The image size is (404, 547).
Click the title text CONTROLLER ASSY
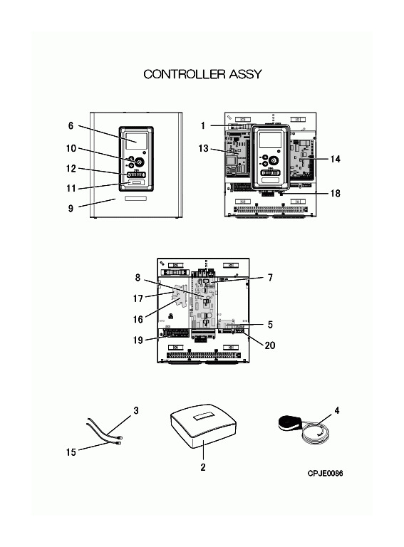202,74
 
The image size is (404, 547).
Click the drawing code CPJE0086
325,474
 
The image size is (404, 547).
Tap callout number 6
71,125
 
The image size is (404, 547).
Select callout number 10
71,148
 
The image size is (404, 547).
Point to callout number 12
71,169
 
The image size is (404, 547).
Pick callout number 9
71,209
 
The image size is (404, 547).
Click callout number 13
203,148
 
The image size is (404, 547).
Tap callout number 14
336,159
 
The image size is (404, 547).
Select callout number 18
336,193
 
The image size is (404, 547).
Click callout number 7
270,278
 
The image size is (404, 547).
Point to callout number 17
138,298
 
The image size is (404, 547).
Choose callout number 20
270,345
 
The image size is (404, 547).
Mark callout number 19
138,340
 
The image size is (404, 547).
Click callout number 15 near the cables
71,452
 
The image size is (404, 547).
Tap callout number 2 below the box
203,467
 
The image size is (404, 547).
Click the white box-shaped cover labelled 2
203,427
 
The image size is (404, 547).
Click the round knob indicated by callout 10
139,162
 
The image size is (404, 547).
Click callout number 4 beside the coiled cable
336,410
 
